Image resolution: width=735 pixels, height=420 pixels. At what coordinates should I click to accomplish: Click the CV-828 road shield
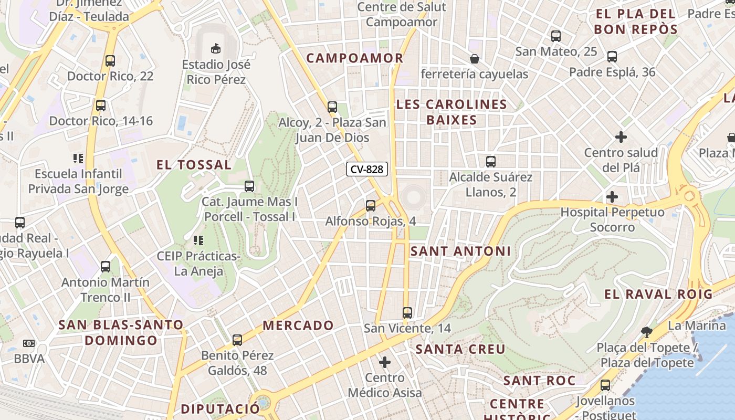click(x=367, y=169)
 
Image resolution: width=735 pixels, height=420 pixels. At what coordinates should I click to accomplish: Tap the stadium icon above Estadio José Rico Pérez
click(x=215, y=49)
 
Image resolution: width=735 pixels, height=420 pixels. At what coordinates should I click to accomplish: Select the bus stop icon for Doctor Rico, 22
click(x=110, y=60)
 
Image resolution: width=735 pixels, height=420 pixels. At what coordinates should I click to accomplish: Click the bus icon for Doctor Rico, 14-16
click(x=100, y=105)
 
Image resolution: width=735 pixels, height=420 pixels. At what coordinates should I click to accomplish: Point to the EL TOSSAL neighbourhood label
click(x=194, y=165)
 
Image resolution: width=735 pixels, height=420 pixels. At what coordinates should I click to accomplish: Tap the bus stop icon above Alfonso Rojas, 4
click(x=371, y=205)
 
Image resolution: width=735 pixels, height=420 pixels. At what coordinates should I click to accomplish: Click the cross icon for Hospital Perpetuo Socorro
click(x=612, y=197)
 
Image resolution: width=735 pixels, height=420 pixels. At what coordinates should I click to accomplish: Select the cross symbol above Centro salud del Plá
click(x=621, y=137)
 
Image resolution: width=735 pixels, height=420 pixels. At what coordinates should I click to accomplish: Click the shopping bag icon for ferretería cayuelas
click(x=475, y=58)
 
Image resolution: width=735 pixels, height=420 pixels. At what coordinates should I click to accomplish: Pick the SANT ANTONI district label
click(x=460, y=251)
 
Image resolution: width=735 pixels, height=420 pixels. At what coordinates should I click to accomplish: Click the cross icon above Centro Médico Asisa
click(x=385, y=362)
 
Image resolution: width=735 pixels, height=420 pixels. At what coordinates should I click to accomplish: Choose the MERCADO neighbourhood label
click(x=298, y=325)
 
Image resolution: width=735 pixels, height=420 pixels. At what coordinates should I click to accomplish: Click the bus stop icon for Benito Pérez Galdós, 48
click(x=237, y=340)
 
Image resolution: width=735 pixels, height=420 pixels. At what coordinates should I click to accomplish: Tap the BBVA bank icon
click(x=29, y=343)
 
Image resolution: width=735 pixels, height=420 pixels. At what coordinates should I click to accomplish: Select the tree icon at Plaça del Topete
click(x=647, y=332)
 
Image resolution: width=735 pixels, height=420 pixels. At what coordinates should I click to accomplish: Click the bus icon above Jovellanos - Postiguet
click(x=605, y=385)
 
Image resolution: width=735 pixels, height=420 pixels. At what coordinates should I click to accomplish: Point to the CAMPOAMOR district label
click(x=355, y=58)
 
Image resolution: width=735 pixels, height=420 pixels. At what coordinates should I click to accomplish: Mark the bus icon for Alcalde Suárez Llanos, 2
click(x=491, y=161)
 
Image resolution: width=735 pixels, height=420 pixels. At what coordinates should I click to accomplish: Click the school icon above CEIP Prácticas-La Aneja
click(x=198, y=240)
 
